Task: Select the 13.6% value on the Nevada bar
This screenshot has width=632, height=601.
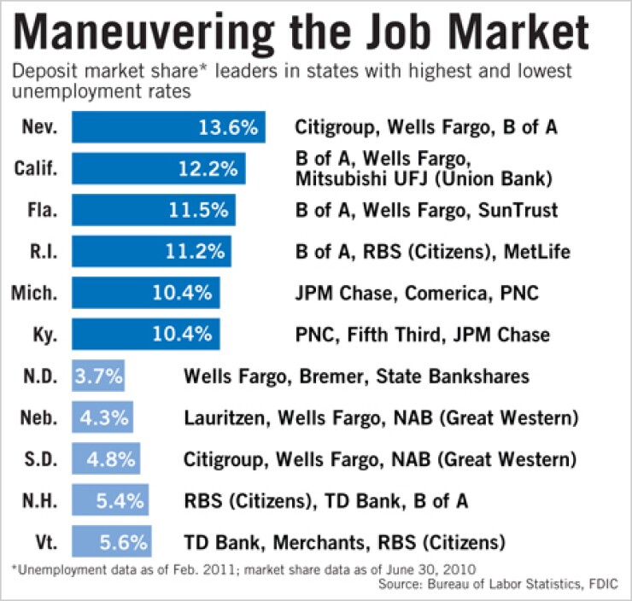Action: click(228, 128)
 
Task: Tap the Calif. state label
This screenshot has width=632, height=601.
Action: click(39, 169)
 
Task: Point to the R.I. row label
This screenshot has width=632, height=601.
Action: click(41, 252)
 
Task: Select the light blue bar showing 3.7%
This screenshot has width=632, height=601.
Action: click(99, 376)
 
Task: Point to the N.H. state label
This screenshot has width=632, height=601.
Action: click(40, 501)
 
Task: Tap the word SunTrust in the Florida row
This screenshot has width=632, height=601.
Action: click(519, 210)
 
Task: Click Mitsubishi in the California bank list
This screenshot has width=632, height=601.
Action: click(336, 179)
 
